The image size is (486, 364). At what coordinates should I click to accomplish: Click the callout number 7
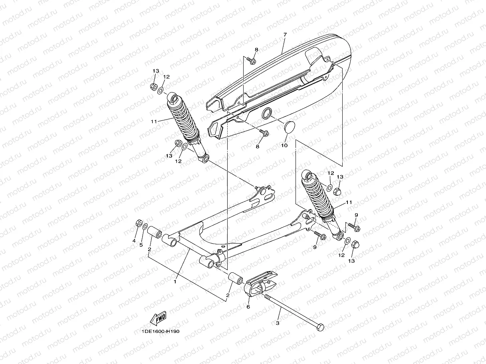click(285, 35)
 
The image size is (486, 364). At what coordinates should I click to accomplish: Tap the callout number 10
click(284, 146)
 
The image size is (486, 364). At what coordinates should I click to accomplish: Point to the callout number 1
click(175, 281)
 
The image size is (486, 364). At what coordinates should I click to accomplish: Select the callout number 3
click(278, 323)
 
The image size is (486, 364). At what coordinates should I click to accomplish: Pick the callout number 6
click(248, 307)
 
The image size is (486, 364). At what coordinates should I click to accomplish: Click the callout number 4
click(134, 241)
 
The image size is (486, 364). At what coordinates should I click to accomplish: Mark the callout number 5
click(141, 244)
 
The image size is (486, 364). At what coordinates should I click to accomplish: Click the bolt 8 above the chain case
click(253, 61)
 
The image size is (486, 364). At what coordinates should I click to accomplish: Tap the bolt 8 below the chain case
click(264, 132)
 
